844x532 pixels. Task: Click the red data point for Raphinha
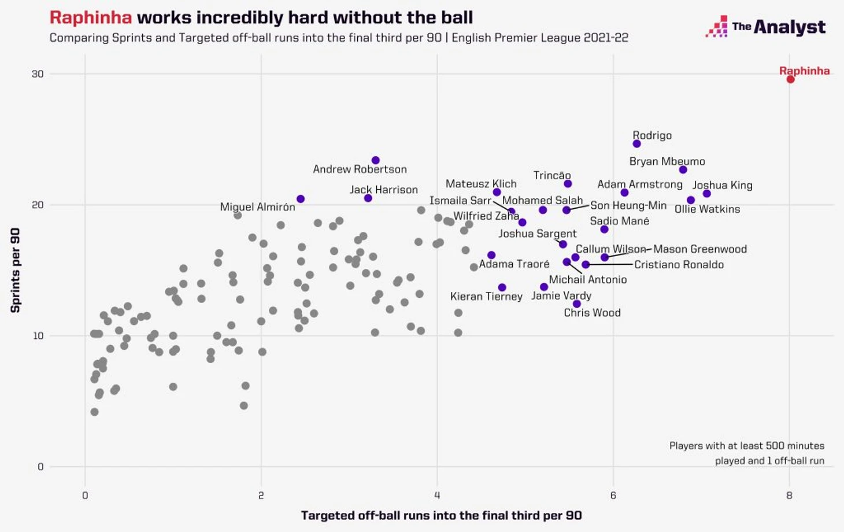790,79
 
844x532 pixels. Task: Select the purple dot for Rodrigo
636,143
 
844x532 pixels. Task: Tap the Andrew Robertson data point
375,160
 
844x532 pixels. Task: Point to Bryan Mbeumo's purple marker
683,169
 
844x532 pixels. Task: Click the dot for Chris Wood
576,304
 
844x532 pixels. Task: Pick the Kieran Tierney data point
502,287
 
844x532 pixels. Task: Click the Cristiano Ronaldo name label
679,264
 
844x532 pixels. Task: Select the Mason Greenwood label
699,249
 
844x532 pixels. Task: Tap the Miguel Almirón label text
257,207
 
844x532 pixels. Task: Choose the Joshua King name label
722,185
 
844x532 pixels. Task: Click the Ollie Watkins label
707,209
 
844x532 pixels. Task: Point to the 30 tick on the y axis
38,74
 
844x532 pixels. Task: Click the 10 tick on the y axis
38,336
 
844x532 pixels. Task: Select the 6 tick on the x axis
613,495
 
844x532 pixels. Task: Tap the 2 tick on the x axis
261,495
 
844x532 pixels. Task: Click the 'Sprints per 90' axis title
16,270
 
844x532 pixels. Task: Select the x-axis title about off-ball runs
441,515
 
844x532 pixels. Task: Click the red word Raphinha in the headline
91,17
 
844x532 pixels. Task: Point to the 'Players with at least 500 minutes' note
746,446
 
